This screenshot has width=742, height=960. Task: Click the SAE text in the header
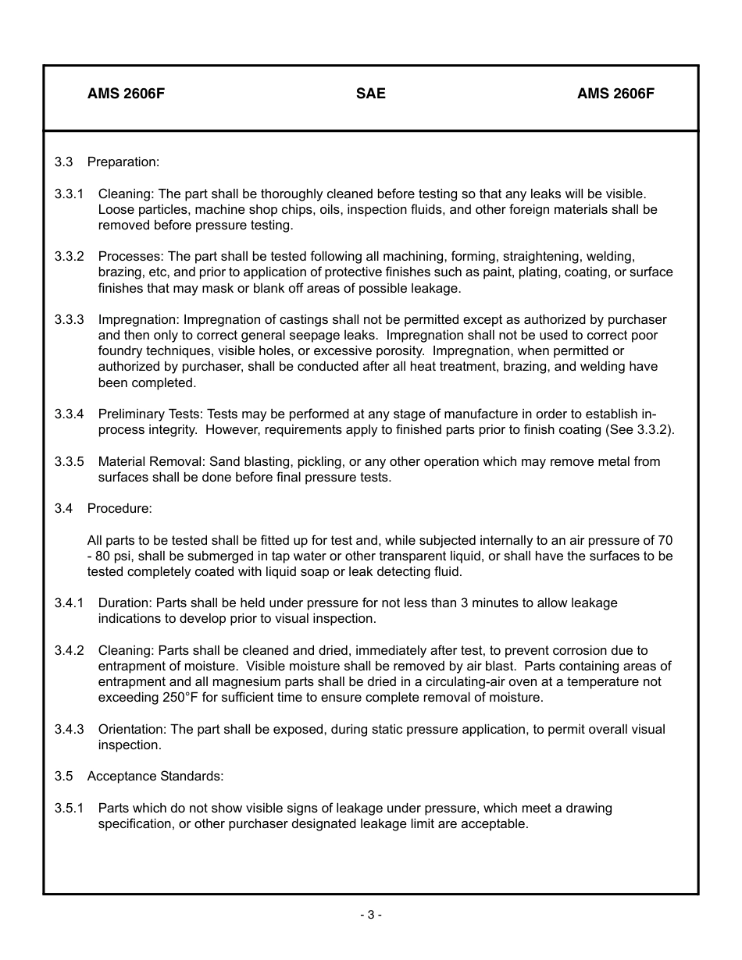[x=370, y=94]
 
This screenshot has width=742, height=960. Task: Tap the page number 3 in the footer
[x=371, y=915]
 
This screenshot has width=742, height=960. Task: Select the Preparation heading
[x=123, y=162]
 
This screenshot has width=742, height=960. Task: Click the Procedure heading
[x=120, y=508]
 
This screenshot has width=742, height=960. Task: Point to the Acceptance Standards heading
[x=155, y=776]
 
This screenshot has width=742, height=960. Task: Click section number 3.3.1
[x=69, y=194]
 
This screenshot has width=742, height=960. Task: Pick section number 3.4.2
[x=69, y=650]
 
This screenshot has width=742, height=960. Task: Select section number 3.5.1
[x=69, y=808]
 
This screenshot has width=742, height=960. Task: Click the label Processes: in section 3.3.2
[x=131, y=256]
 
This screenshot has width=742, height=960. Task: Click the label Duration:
[x=126, y=603]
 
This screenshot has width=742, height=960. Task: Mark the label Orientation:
[x=133, y=729]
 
